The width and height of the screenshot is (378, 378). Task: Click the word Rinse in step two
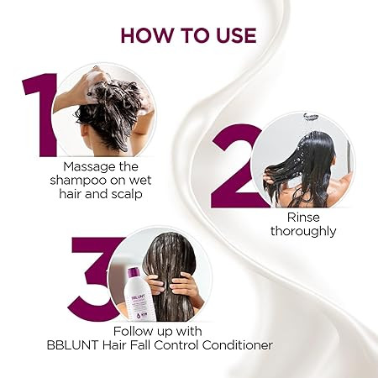point(303,218)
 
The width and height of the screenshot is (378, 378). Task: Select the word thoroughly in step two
point(303,232)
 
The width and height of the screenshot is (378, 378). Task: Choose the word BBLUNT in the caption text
point(72,345)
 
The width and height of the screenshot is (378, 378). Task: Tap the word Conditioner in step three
point(237,345)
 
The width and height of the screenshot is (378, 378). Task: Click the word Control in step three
point(176,345)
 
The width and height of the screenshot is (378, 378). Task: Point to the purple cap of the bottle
point(134,273)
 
